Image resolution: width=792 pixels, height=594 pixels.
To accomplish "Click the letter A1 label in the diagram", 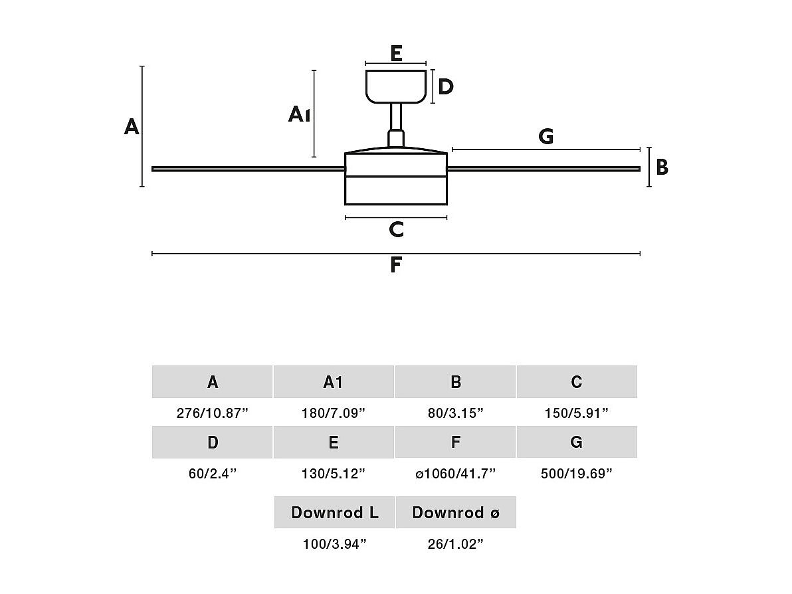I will coord(299,114).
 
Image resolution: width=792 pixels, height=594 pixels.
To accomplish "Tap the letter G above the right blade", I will coord(545,136).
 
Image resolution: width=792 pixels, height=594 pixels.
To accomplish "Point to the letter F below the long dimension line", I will coord(395,265).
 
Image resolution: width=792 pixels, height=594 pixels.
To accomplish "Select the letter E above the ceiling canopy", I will coord(396,53).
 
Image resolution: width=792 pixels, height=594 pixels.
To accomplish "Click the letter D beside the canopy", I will coord(446,86).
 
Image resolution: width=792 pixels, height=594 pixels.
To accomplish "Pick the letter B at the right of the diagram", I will coord(662,167).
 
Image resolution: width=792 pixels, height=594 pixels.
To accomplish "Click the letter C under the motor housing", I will coord(396,229).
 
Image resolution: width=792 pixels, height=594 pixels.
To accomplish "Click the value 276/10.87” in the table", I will coord(212,413).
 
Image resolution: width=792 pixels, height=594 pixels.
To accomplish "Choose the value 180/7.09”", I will coord(334,413).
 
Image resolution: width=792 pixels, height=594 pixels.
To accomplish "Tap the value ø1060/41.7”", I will coord(455,474).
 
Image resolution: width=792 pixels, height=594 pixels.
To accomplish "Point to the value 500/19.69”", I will coord(577,474).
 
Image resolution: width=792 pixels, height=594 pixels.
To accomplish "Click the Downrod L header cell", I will coord(335,512).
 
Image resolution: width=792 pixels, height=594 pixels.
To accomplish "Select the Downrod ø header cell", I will coord(456,512).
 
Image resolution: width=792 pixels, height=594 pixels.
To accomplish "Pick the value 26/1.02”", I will coord(455,544).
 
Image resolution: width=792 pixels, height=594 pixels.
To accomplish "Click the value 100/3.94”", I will coord(335,544).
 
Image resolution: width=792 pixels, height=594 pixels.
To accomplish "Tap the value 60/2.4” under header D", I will coord(212,474).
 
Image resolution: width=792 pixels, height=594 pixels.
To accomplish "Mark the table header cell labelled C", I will coord(577,382).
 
